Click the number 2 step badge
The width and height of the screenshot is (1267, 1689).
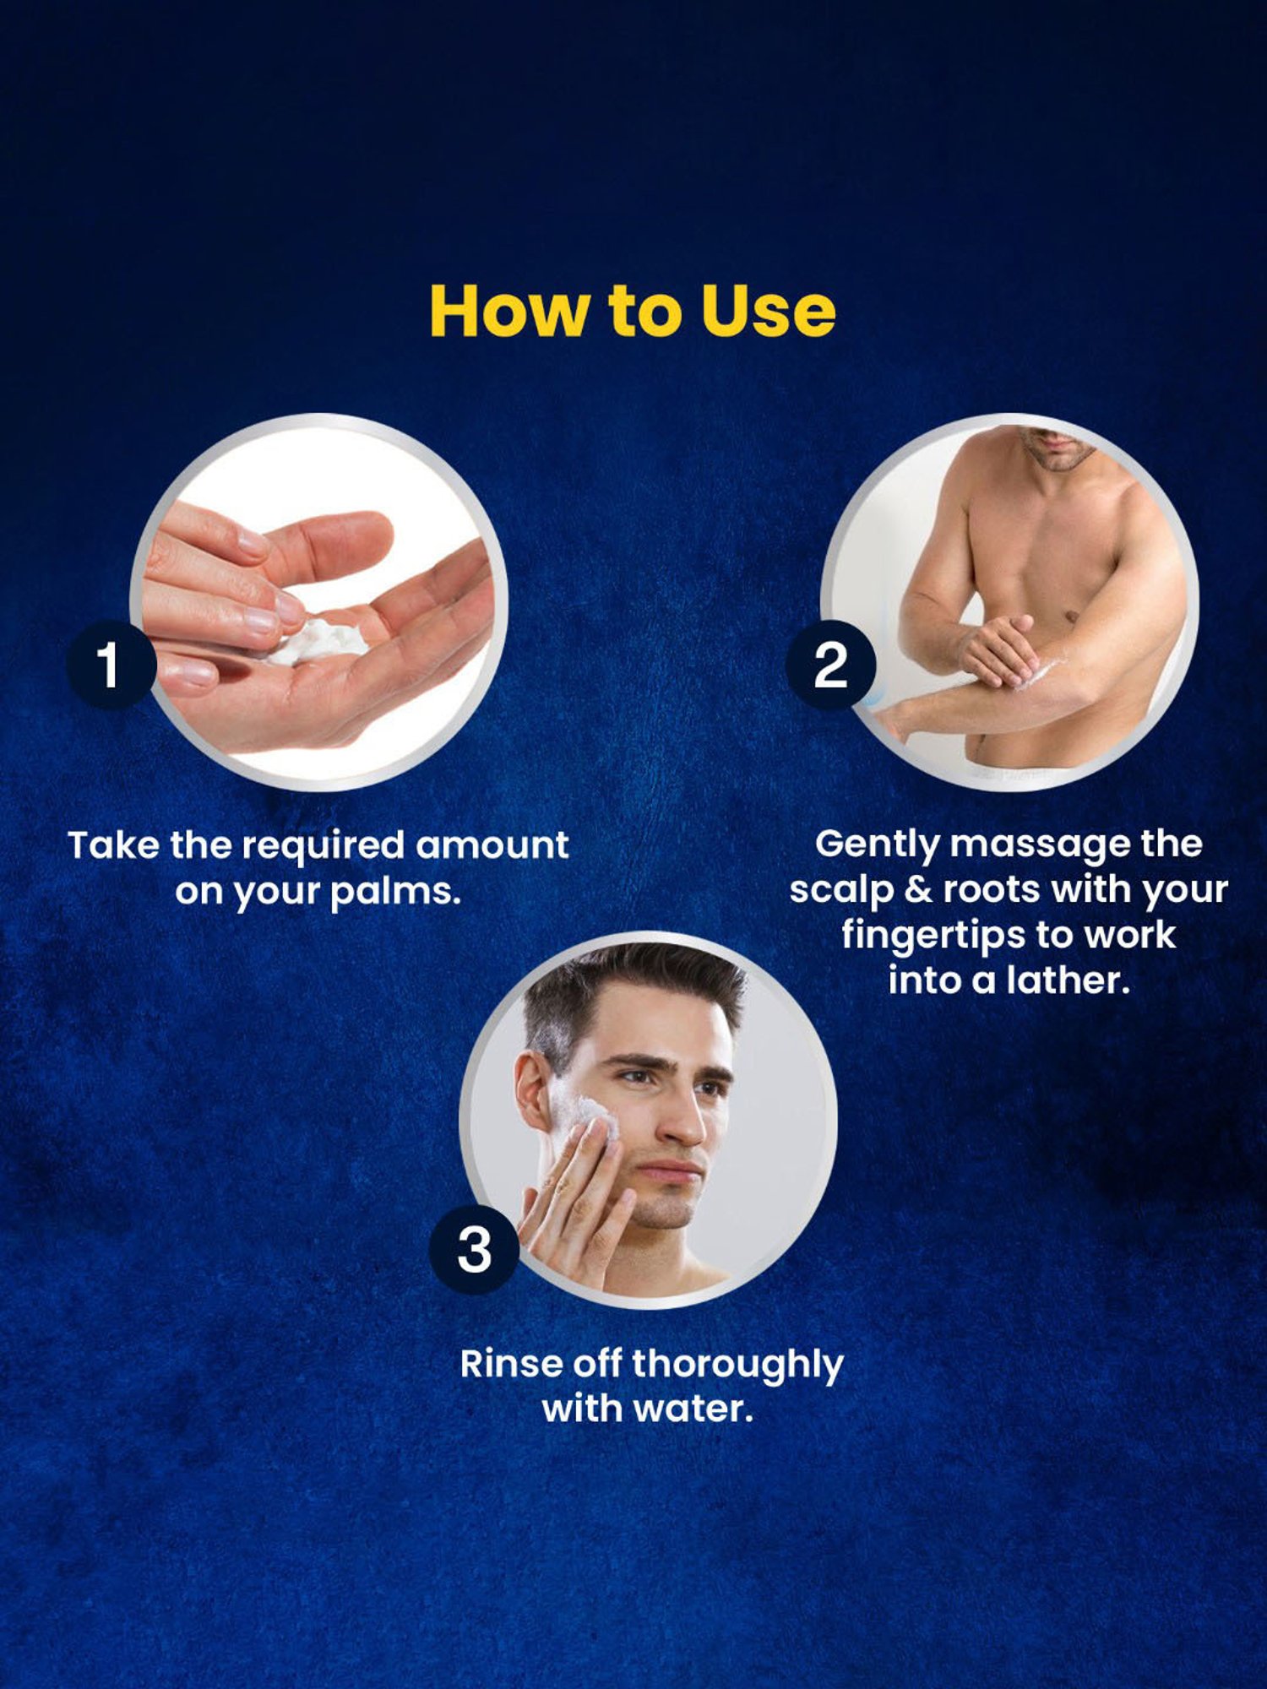pyautogui.click(x=831, y=665)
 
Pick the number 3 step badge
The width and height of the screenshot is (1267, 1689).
pyautogui.click(x=474, y=1250)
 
